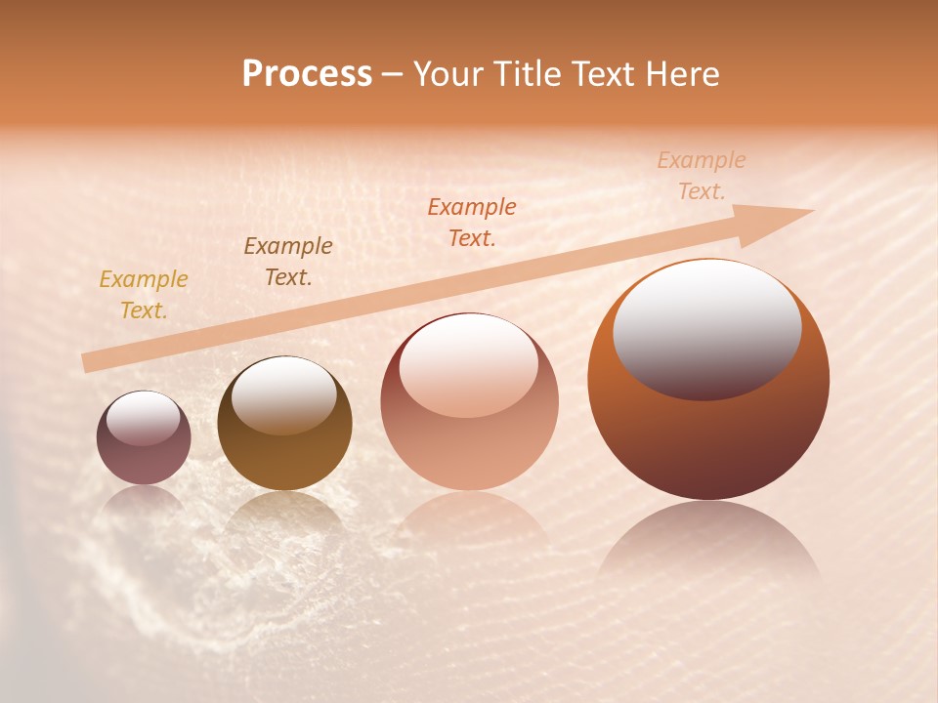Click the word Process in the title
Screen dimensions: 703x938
[307, 74]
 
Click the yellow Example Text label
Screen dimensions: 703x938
[144, 295]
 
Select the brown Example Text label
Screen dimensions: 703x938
[288, 262]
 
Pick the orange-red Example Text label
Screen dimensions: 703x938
[472, 223]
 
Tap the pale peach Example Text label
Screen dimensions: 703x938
[702, 176]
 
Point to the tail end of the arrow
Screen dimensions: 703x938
[90, 362]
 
